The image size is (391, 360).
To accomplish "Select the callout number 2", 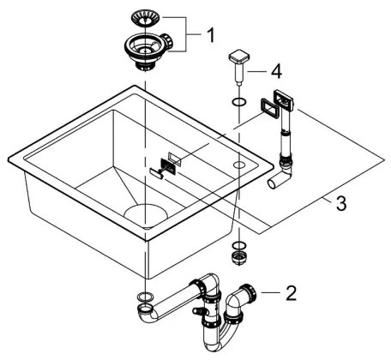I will point(291,294).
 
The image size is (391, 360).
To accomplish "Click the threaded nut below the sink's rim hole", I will point(238,254).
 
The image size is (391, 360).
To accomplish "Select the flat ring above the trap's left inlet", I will point(146,297).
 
